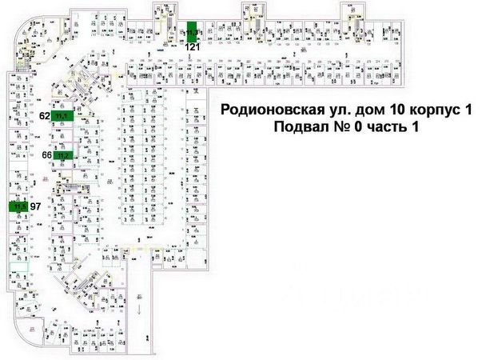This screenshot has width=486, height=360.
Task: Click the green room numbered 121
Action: coord(192,31)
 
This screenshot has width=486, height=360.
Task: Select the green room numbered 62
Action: coord(63,115)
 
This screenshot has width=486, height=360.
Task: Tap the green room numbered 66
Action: coord(63,154)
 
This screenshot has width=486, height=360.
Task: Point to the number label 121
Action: coord(192,47)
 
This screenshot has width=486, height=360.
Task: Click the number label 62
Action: coord(45,116)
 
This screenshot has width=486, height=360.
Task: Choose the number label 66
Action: coord(46,155)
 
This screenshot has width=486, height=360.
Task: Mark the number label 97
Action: coord(35,206)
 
